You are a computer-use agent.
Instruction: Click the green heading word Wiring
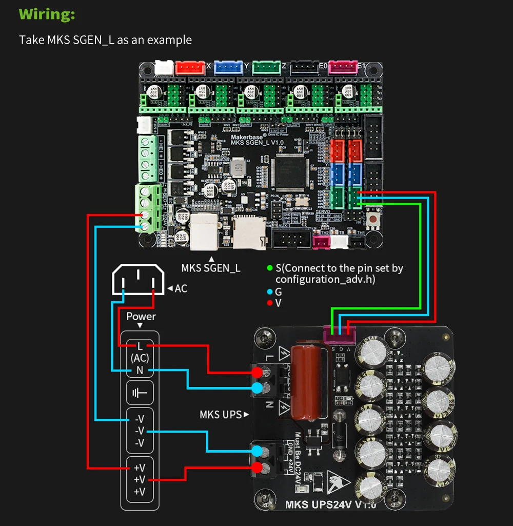pyautogui.click(x=47, y=14)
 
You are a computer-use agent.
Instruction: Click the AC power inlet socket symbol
pyautogui.click(x=138, y=280)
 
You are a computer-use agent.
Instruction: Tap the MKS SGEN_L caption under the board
pyautogui.click(x=211, y=267)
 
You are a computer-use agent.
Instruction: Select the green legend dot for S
pyautogui.click(x=270, y=268)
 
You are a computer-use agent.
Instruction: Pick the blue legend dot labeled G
pyautogui.click(x=270, y=291)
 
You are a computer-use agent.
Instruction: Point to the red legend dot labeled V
pyautogui.click(x=270, y=303)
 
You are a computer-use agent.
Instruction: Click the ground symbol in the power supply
pyautogui.click(x=140, y=393)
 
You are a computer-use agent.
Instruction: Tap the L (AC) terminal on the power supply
pyautogui.click(x=140, y=352)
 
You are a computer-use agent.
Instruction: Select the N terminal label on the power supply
pyautogui.click(x=140, y=370)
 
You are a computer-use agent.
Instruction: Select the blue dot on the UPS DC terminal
pyautogui.click(x=258, y=451)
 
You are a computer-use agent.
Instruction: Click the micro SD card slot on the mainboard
pyautogui.click(x=249, y=230)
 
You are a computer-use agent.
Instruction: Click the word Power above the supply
pyautogui.click(x=141, y=316)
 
